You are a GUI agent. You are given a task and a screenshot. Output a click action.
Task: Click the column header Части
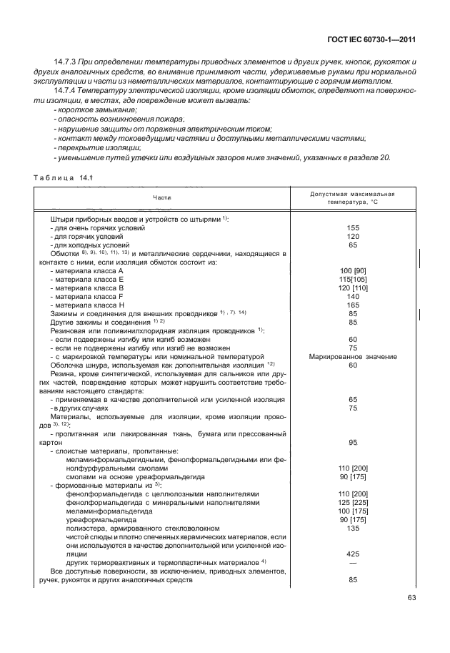tap(161, 197)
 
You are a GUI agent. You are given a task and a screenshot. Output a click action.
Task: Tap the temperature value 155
tap(352, 227)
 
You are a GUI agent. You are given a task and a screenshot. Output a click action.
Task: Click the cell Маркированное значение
tap(352, 356)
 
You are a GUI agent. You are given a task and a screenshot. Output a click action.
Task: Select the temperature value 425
tap(352, 553)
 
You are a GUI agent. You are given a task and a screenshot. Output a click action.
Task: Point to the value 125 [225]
tap(352, 503)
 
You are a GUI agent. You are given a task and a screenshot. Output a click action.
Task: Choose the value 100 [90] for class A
tap(352, 270)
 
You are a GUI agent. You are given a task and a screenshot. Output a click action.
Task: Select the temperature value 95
tap(352, 442)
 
